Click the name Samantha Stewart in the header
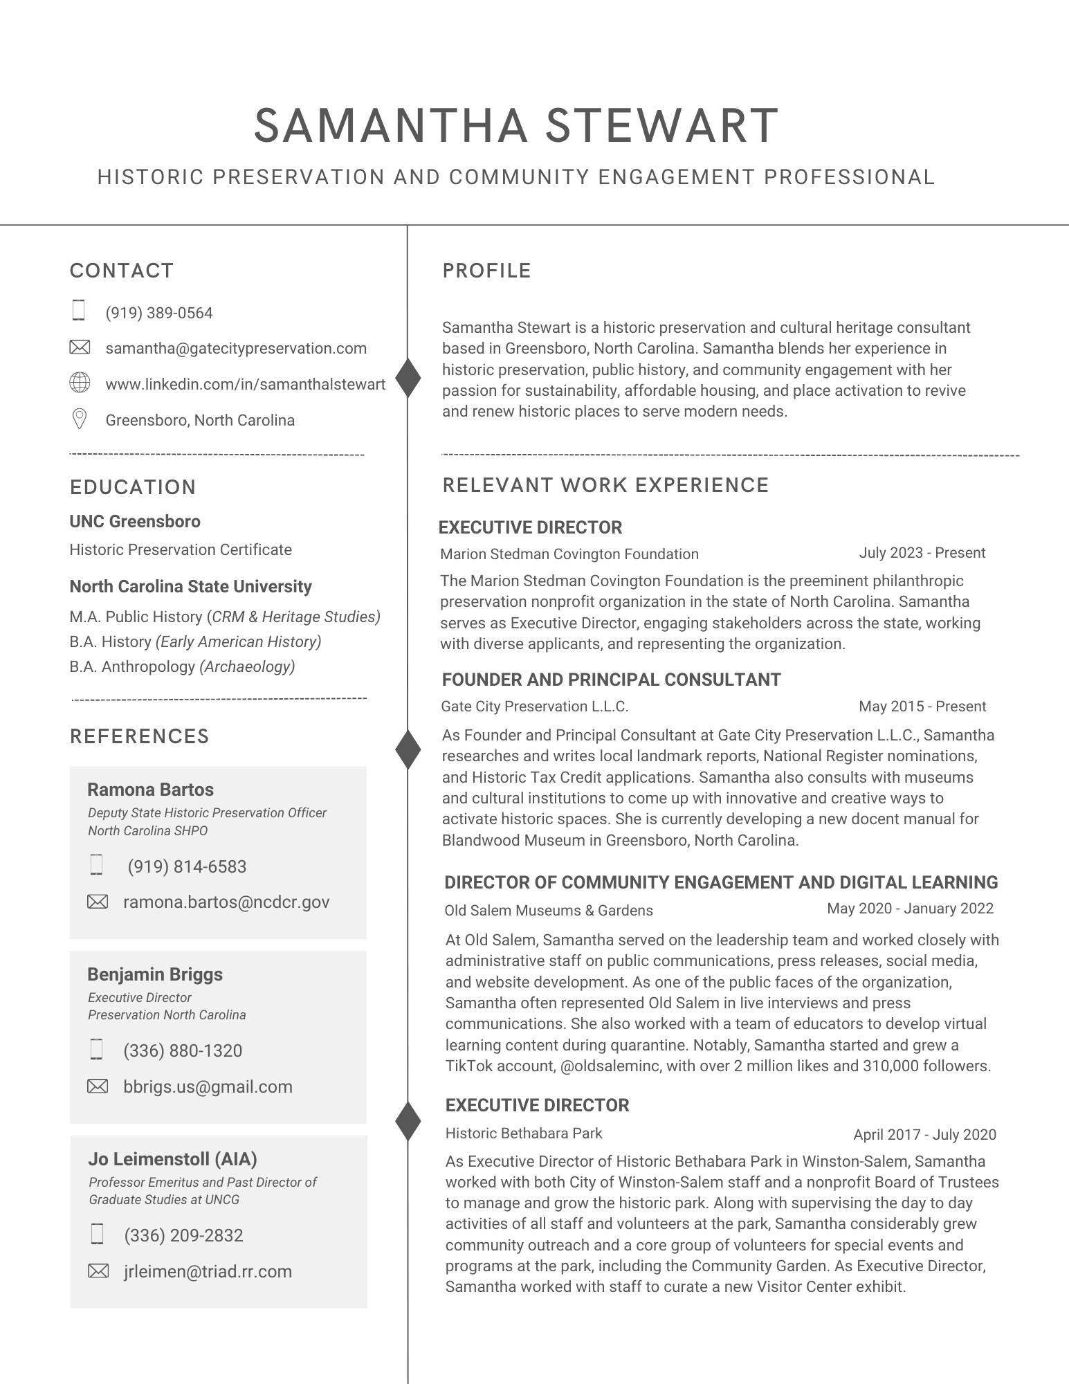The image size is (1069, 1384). point(516,126)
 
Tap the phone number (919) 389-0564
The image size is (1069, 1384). point(159,313)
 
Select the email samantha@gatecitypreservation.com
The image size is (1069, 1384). point(236,348)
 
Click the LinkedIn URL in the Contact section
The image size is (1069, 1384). point(245,384)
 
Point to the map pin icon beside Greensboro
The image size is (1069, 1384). point(80,419)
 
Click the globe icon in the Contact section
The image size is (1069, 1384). point(80,383)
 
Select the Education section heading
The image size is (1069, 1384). point(133,487)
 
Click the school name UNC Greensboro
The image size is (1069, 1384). point(135,521)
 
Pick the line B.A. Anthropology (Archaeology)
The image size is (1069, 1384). point(182,666)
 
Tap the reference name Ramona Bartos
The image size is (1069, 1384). point(150,790)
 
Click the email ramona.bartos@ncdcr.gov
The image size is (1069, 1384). point(226,902)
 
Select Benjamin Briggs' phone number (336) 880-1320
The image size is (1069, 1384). point(183,1050)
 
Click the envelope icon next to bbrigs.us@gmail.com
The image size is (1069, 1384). point(98,1086)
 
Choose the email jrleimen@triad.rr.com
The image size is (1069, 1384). point(208,1271)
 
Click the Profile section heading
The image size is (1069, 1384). point(486,271)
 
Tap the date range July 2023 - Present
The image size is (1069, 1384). point(922,553)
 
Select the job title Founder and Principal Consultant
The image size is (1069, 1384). point(611,680)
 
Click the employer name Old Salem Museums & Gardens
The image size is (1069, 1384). point(548,910)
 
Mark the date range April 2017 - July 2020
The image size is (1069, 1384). point(924,1134)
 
